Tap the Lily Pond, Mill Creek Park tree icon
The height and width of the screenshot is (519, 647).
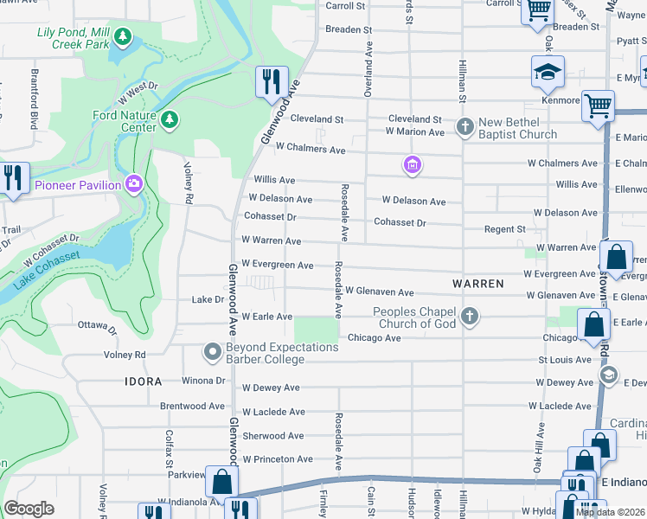point(124,37)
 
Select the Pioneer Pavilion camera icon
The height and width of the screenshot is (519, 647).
point(133,183)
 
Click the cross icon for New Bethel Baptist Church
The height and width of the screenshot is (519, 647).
point(465,126)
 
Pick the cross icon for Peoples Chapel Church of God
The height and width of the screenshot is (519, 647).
point(470,317)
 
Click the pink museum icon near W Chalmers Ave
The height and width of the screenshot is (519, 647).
point(413,164)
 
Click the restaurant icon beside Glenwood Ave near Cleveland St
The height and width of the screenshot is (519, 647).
point(272,82)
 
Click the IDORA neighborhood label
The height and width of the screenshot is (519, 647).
point(143,381)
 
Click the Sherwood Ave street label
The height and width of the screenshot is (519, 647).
point(273,436)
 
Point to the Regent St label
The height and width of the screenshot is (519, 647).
point(504,229)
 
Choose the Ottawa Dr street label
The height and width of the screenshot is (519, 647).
point(96,328)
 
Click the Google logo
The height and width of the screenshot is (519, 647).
point(29,509)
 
